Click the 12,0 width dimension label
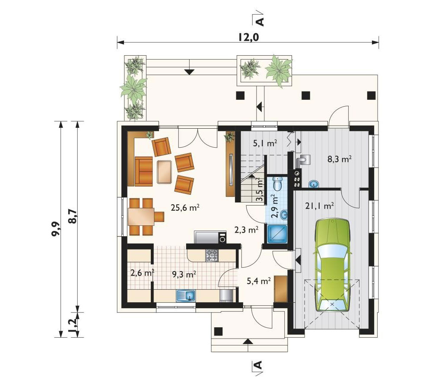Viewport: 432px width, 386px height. coord(248,38)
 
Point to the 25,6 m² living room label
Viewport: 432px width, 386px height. coord(185,208)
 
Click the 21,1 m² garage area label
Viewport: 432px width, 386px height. coord(320,206)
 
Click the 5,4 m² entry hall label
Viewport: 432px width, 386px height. coord(258,281)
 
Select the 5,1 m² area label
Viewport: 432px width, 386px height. coord(265,143)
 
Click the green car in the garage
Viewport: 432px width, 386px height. coord(332,265)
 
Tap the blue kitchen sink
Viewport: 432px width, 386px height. coord(186,295)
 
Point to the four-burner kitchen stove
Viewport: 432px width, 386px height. coord(212,255)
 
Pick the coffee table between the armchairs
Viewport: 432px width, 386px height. coord(165,172)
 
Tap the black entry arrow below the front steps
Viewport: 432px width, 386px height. coord(248,342)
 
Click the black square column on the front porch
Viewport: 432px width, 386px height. coord(218,331)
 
